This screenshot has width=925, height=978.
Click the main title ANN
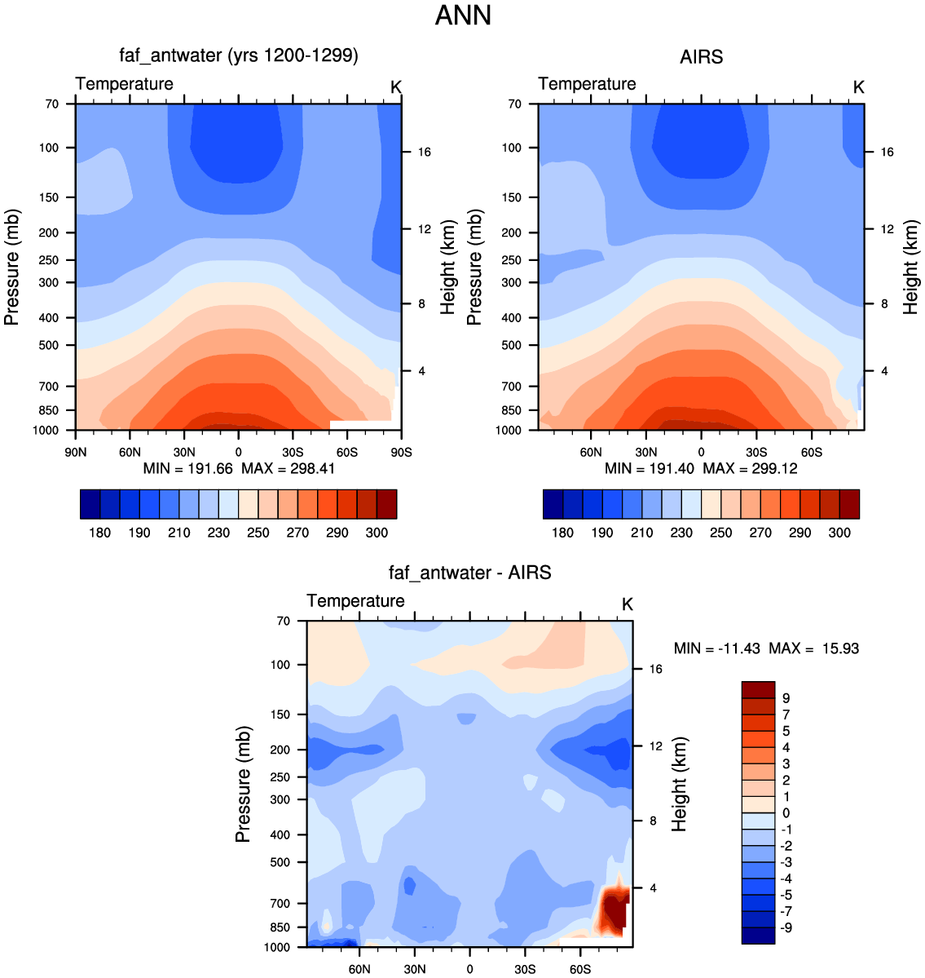(x=463, y=15)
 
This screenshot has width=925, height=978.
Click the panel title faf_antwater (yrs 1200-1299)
(x=239, y=55)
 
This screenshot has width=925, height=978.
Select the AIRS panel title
(x=701, y=57)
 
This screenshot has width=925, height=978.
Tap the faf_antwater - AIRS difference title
(x=470, y=573)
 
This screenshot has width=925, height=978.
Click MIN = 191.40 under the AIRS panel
(x=649, y=468)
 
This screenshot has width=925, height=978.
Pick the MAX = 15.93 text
(x=814, y=648)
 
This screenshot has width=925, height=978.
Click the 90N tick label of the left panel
(x=76, y=452)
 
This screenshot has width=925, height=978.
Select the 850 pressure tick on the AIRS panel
(x=511, y=410)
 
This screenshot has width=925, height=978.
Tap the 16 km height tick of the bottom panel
(x=656, y=669)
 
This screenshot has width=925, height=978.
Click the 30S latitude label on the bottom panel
(x=525, y=969)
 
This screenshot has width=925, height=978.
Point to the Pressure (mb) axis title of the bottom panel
(x=243, y=784)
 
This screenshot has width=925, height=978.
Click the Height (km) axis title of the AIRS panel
(x=911, y=267)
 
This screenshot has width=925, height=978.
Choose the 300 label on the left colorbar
(x=377, y=533)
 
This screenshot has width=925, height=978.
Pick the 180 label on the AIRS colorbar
(x=562, y=533)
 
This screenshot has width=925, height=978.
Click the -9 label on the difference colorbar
(x=786, y=927)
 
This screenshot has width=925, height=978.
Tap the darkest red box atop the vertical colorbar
(x=758, y=690)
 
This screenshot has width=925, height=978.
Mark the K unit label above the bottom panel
(x=627, y=604)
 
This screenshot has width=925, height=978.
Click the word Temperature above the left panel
(x=124, y=83)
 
